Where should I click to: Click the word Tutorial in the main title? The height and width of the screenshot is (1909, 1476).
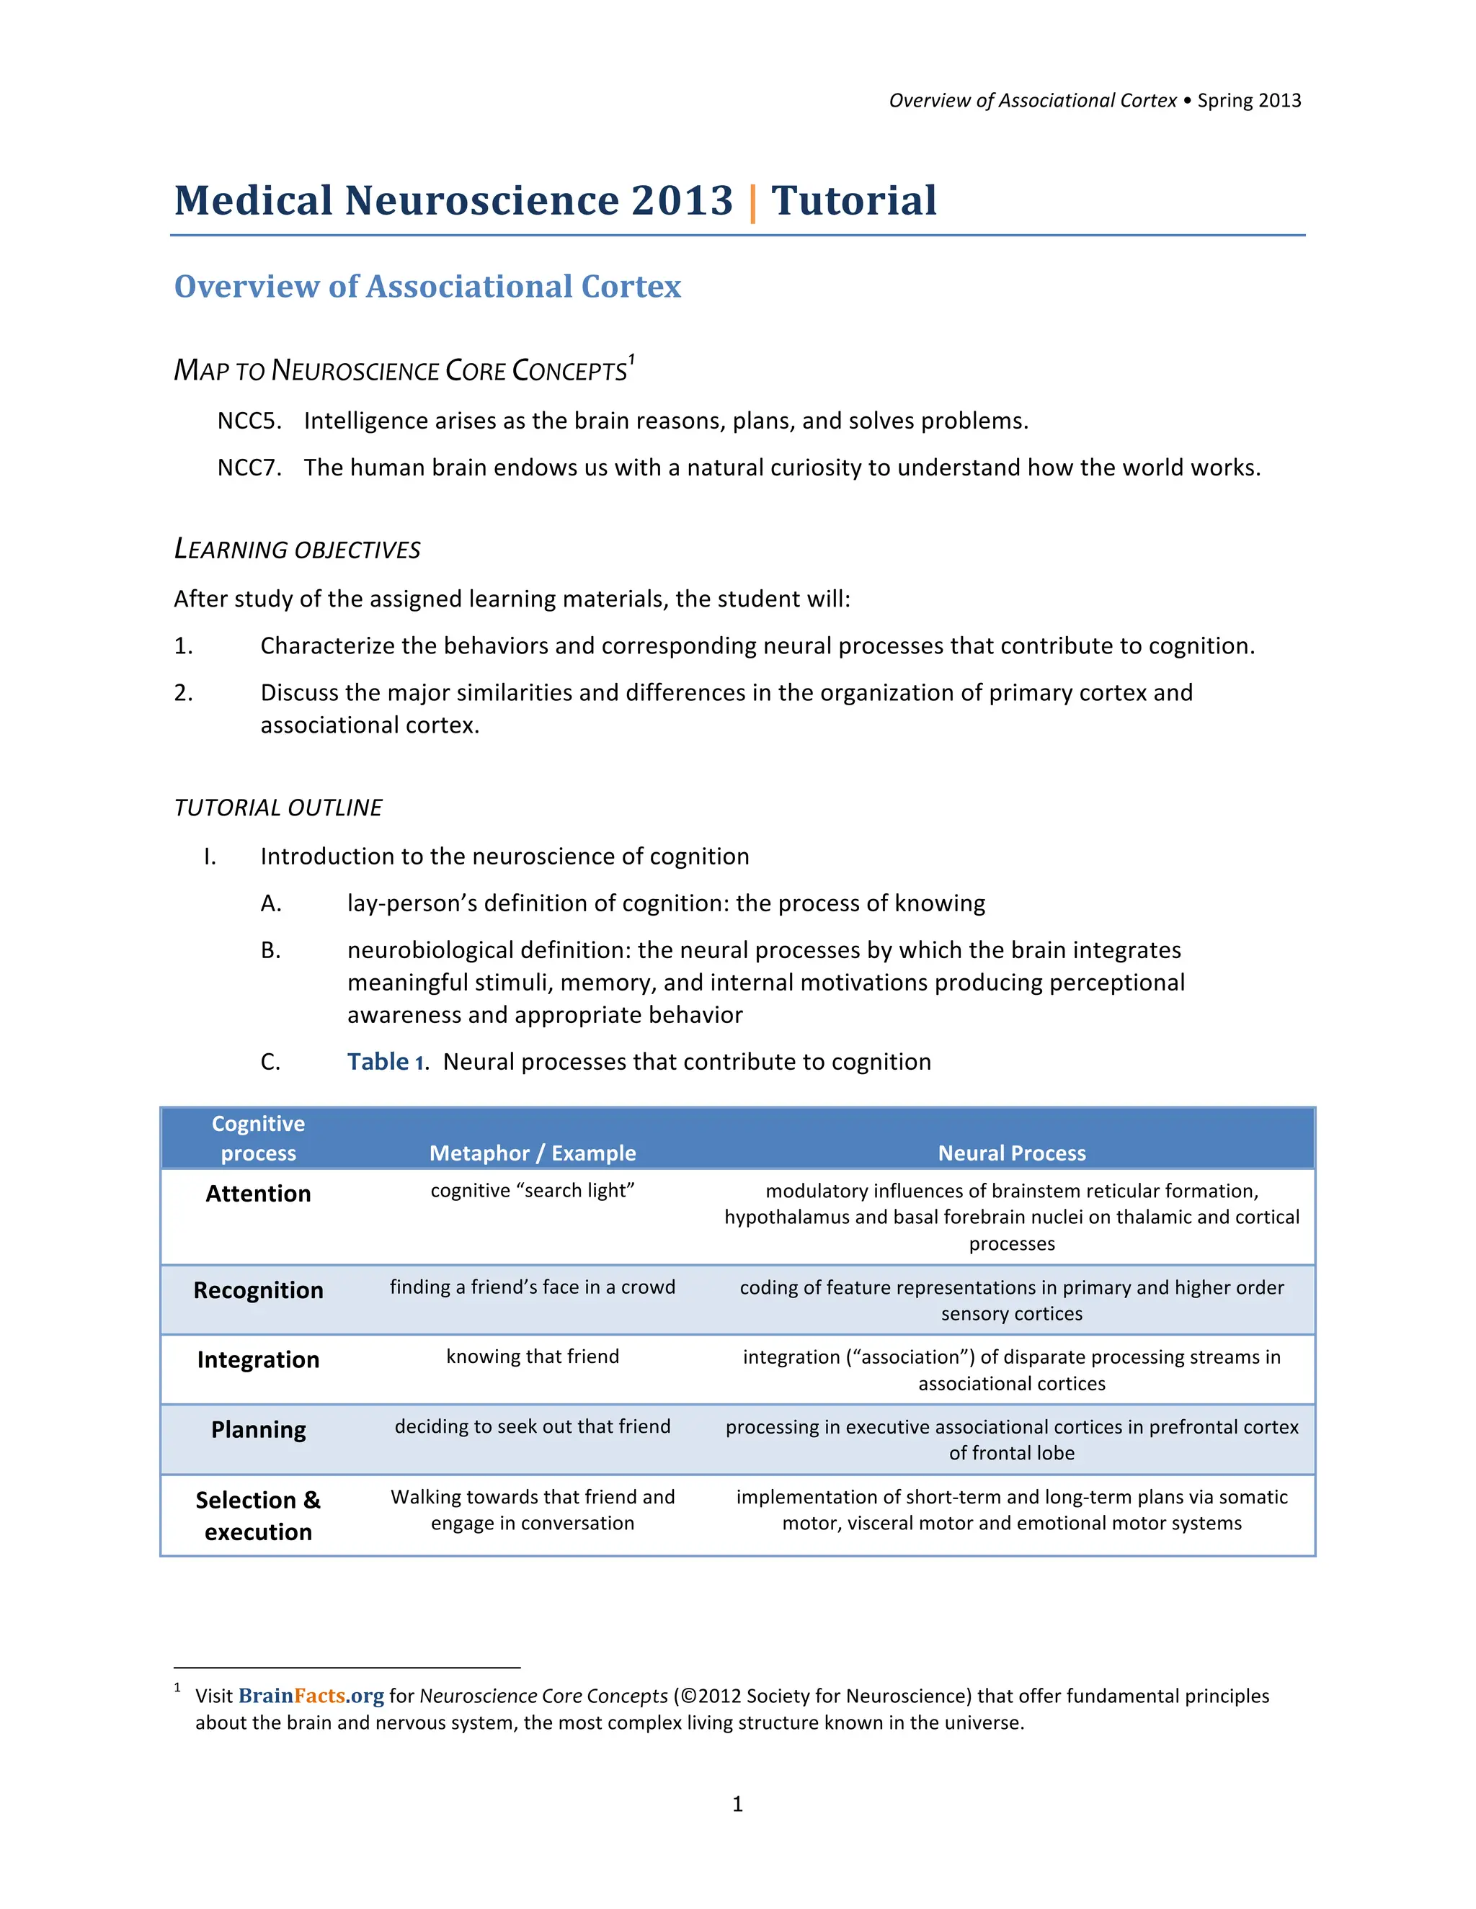[853, 201]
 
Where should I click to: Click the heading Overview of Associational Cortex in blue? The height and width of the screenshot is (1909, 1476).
[427, 287]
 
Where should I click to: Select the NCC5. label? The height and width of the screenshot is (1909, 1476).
[249, 421]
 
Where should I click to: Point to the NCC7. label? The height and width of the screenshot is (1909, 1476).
[249, 468]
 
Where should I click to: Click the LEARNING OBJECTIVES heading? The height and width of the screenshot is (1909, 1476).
[298, 550]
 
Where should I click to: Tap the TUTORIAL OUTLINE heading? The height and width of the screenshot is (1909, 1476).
[278, 808]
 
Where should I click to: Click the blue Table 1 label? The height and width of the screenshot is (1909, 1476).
[386, 1062]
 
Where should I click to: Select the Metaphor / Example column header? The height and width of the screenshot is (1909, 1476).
[533, 1153]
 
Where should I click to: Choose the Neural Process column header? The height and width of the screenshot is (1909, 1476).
[1012, 1153]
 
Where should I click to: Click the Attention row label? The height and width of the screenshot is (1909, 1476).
[258, 1194]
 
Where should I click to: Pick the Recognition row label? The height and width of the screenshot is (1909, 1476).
[258, 1290]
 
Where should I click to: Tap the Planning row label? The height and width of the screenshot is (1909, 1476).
[258, 1430]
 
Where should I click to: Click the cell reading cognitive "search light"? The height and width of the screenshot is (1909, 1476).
[533, 1191]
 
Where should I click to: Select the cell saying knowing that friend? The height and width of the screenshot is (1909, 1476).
[533, 1356]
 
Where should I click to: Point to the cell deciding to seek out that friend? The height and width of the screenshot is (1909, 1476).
[533, 1426]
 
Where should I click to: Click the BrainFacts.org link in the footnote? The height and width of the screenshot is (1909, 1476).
[311, 1696]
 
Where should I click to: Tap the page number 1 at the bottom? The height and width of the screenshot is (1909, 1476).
[737, 1804]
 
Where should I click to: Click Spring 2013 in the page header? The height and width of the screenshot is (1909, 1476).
[1249, 101]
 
